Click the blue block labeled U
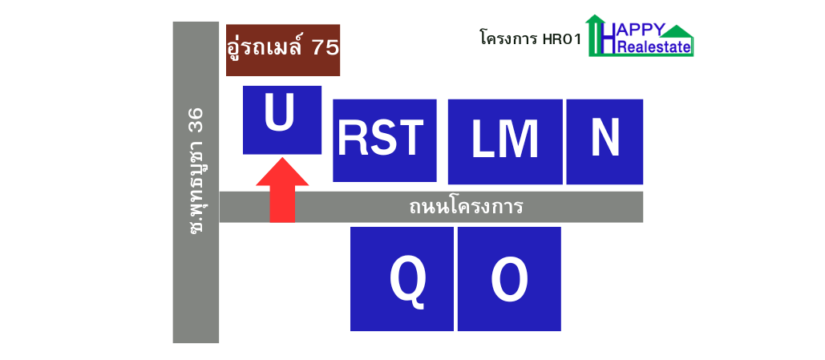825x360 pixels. (x=282, y=120)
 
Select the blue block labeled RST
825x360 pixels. (x=385, y=140)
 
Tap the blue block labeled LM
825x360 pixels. (x=505, y=142)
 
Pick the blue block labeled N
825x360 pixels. (x=605, y=142)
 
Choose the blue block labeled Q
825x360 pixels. (x=402, y=279)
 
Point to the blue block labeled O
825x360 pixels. (x=509, y=279)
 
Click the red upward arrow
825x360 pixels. (x=282, y=190)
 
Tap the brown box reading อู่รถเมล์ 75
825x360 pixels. (x=283, y=50)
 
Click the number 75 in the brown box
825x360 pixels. (x=326, y=48)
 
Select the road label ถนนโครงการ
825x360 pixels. (x=466, y=207)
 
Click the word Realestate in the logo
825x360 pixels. (x=655, y=48)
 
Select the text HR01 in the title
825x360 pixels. (x=562, y=40)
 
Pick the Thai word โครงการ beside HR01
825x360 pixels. (x=508, y=39)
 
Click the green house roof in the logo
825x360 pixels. (x=677, y=31)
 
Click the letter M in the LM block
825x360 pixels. (x=520, y=140)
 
